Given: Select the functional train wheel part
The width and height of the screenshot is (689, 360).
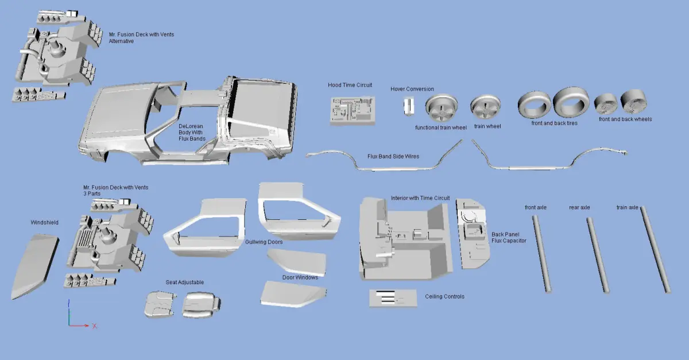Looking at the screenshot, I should [x=440, y=109].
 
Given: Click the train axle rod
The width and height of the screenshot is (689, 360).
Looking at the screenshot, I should [x=655, y=250].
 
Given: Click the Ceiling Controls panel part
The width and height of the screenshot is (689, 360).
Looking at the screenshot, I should [x=393, y=297].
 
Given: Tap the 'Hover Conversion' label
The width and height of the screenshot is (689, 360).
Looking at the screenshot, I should [x=412, y=89].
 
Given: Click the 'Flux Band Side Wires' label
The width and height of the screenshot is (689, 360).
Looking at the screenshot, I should [x=393, y=156].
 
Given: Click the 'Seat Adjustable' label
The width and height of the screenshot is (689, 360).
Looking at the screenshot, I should [x=184, y=282].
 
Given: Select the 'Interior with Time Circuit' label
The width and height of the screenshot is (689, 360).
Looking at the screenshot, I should [x=420, y=198].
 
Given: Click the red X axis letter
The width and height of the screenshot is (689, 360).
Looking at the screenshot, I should [x=94, y=326].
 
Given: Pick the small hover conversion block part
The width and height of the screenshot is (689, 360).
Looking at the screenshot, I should [x=408, y=107].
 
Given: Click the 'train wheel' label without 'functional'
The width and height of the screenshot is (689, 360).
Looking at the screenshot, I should [x=488, y=126].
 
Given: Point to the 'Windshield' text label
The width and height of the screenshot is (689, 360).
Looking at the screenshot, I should [x=44, y=222].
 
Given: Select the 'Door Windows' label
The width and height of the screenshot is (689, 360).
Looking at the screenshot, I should [x=300, y=277].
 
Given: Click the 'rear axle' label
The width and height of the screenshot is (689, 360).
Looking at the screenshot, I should [x=579, y=207].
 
